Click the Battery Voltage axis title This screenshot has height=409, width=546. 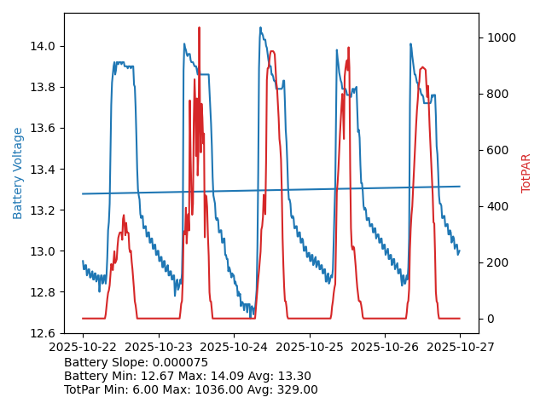coord(18,173)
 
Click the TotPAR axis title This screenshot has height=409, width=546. coord(526,173)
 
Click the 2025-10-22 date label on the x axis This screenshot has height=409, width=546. coord(83,348)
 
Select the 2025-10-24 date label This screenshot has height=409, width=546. coord(234,348)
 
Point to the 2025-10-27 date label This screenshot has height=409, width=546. coord(460,348)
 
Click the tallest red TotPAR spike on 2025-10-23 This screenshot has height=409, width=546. coord(200,28)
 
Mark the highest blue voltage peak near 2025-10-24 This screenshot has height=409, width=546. coord(261,28)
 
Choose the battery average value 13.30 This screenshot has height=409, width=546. coord(293,377)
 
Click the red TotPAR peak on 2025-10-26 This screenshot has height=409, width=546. coord(422,67)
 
